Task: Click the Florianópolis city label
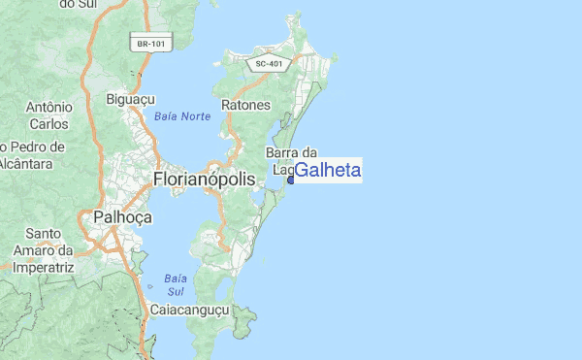click(205, 180)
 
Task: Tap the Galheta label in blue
click(328, 171)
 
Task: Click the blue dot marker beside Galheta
click(290, 180)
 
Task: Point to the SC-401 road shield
click(270, 64)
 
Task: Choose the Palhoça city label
click(122, 217)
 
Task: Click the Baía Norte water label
click(182, 116)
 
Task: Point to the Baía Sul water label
click(176, 283)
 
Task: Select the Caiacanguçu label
click(188, 310)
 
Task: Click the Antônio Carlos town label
click(48, 115)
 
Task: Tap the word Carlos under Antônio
click(48, 124)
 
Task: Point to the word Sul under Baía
click(176, 291)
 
